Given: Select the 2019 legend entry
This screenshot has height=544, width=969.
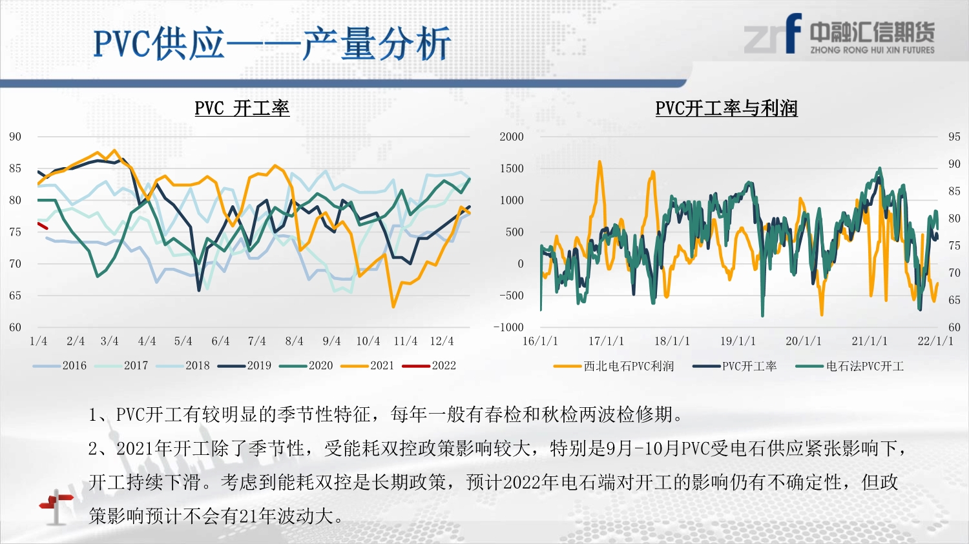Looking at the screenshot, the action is (244, 366).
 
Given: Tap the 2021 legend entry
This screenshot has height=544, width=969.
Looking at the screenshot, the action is (368, 366).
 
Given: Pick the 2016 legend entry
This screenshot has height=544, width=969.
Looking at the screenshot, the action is (59, 366).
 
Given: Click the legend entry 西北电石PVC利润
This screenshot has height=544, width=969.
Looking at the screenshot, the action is (614, 367).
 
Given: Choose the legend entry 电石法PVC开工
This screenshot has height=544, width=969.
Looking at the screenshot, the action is (849, 367).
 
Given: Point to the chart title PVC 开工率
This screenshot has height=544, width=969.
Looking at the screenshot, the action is (242, 108).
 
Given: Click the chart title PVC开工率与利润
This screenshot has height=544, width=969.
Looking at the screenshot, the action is (726, 108).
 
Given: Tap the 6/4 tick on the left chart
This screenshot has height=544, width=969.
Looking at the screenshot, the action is (220, 341).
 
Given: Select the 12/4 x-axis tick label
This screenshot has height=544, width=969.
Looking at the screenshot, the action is (442, 341).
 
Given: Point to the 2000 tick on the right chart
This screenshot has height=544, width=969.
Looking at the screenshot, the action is (512, 137).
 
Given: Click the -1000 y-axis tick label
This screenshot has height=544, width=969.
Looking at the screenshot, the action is (508, 328).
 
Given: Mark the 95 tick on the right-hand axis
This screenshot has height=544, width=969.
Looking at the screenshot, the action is (954, 137).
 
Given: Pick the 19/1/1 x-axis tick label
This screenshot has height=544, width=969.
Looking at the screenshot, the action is (738, 341).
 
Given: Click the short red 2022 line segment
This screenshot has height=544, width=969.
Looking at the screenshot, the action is (43, 226).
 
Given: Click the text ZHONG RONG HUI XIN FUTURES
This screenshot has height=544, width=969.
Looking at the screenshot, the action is (872, 50).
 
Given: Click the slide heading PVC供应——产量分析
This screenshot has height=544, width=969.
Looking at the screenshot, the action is (273, 44).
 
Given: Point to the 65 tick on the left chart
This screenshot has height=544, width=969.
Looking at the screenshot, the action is (15, 296).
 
